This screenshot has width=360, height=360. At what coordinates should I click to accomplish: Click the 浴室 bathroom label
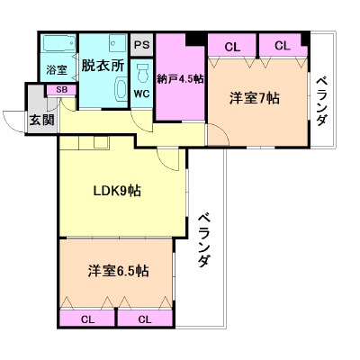point(56,69)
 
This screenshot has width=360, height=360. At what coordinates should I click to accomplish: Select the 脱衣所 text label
point(103,65)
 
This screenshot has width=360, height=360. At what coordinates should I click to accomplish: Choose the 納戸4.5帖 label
point(180,78)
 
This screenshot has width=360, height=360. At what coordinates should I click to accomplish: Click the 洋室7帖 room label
point(255,97)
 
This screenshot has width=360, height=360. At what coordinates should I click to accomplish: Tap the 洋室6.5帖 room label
point(118,271)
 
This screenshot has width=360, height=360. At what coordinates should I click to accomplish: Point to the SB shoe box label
point(61,90)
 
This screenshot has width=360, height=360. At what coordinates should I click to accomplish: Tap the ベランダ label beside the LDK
point(204,239)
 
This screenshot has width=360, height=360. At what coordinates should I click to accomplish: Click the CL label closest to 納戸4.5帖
point(232,46)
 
